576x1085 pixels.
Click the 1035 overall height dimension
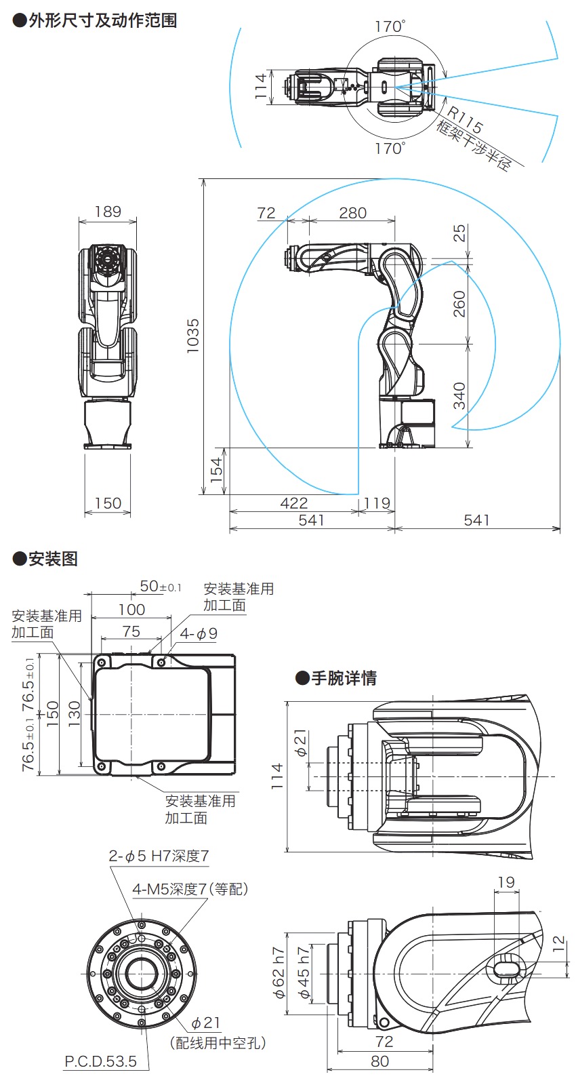[193, 334]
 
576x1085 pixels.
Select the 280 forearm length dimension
[352, 213]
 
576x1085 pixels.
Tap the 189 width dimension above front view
[108, 212]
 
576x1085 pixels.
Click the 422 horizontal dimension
[293, 503]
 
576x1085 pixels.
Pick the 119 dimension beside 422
[377, 503]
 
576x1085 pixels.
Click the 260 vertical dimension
[459, 303]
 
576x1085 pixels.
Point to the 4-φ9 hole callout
[199, 634]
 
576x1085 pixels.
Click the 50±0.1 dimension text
[160, 586]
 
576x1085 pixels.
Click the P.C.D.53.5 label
[100, 1061]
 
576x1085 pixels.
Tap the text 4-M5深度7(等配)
[190, 888]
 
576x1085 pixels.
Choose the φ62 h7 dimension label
[279, 973]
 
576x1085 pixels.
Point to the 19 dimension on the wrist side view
[506, 882]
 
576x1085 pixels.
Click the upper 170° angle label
[390, 26]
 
